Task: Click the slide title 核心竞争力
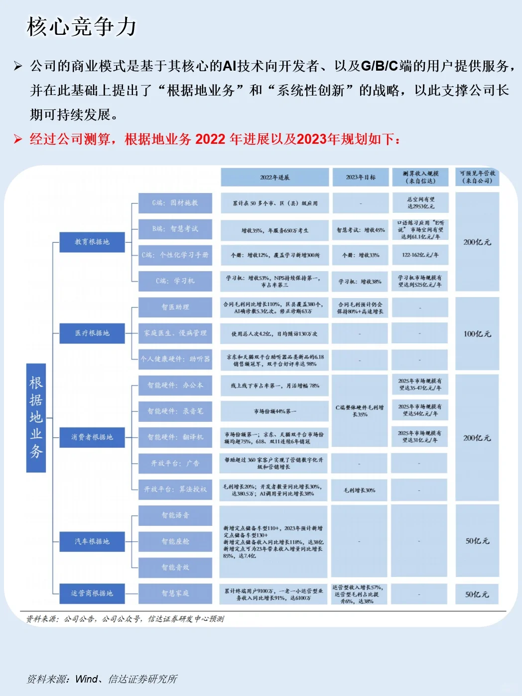tap(82, 27)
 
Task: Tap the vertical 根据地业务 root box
tap(36, 417)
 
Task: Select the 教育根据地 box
tap(92, 242)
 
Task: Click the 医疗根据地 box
tap(92, 333)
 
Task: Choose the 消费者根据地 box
tap(92, 437)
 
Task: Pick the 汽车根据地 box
tap(92, 541)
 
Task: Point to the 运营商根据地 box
tap(92, 594)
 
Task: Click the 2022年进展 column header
tap(274, 177)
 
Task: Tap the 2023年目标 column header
tap(361, 177)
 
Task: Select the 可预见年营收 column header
tap(477, 177)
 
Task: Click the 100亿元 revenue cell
tap(477, 334)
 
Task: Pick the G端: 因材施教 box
tap(175, 203)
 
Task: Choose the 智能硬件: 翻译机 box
tap(175, 437)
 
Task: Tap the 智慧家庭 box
tap(175, 594)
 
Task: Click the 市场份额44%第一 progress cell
tap(274, 411)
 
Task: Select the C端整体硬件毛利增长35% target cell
tap(360, 411)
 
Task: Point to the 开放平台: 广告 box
tap(175, 464)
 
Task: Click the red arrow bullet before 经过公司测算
tap(18, 139)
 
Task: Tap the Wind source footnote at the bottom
tap(102, 679)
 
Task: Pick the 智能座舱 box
tap(175, 541)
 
